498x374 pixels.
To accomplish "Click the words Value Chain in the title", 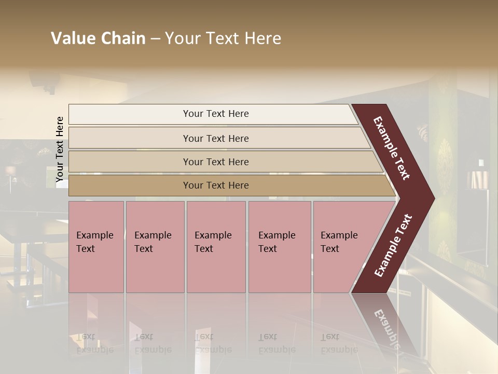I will (x=98, y=38).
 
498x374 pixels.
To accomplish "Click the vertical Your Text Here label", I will (x=60, y=150).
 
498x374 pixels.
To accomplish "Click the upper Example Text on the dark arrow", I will (x=392, y=148).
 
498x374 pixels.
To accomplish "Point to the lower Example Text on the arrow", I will (x=393, y=246).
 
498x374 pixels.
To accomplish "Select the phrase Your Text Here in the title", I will (x=223, y=38).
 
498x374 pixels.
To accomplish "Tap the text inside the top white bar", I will (x=216, y=114).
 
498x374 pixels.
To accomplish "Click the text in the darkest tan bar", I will (x=216, y=185).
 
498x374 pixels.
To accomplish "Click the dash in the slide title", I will (x=155, y=39).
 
